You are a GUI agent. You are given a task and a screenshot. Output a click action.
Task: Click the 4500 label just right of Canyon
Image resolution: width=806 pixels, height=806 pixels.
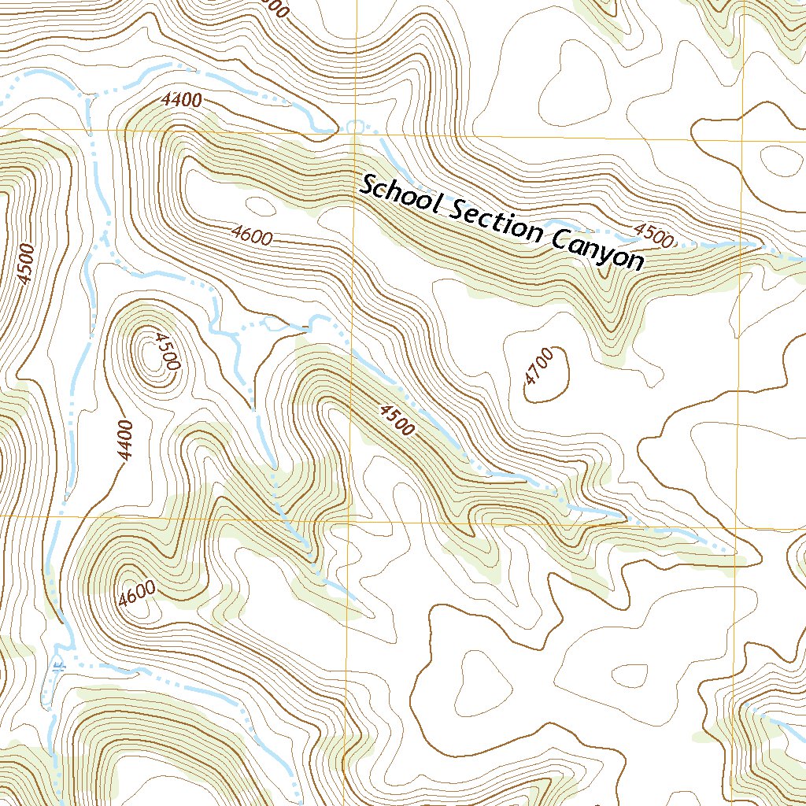(653, 235)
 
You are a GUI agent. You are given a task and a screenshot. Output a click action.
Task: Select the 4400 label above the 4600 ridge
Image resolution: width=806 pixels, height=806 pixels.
(181, 101)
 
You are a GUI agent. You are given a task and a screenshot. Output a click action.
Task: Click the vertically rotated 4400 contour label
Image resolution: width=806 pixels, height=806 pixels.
(124, 441)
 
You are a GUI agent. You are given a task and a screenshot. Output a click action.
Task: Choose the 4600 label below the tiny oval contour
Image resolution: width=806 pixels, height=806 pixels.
(252, 235)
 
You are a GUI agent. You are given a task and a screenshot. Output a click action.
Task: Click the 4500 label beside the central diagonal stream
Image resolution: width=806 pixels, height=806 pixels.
(396, 420)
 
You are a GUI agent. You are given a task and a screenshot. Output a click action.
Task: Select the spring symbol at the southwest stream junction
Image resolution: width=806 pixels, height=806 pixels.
(58, 664)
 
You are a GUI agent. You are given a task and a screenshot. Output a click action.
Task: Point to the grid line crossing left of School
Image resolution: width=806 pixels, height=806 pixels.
(352, 133)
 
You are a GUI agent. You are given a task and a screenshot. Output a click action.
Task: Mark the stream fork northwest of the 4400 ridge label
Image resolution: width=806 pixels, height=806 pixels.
(90, 94)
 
